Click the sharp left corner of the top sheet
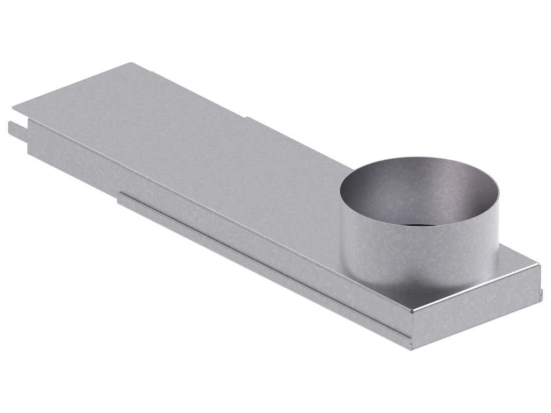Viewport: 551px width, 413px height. coord(13,105)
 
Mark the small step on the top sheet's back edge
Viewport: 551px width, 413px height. coord(246,117)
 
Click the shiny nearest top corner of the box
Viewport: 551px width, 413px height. coord(413,310)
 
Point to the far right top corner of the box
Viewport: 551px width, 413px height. coord(538,264)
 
